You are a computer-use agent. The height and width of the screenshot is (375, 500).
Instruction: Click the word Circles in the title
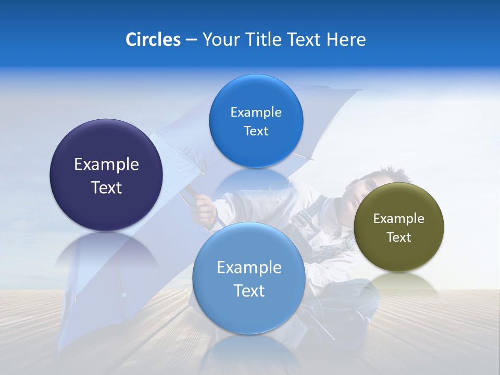[x=153, y=40]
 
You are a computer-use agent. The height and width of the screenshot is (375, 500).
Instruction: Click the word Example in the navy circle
[x=106, y=165]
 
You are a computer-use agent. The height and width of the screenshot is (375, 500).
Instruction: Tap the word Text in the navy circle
[x=106, y=187]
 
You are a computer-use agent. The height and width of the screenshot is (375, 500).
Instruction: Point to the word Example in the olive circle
[x=398, y=219]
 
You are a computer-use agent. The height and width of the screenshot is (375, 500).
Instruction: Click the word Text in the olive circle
[x=398, y=238]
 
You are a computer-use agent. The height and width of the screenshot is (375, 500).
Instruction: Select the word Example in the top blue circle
[x=256, y=113]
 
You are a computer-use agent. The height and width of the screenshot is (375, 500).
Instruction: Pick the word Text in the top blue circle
[x=256, y=131]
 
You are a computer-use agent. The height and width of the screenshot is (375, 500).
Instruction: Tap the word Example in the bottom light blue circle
[x=249, y=268]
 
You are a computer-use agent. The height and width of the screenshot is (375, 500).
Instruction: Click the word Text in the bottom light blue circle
[x=249, y=291]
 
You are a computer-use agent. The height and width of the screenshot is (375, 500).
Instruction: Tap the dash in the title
[x=191, y=40]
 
